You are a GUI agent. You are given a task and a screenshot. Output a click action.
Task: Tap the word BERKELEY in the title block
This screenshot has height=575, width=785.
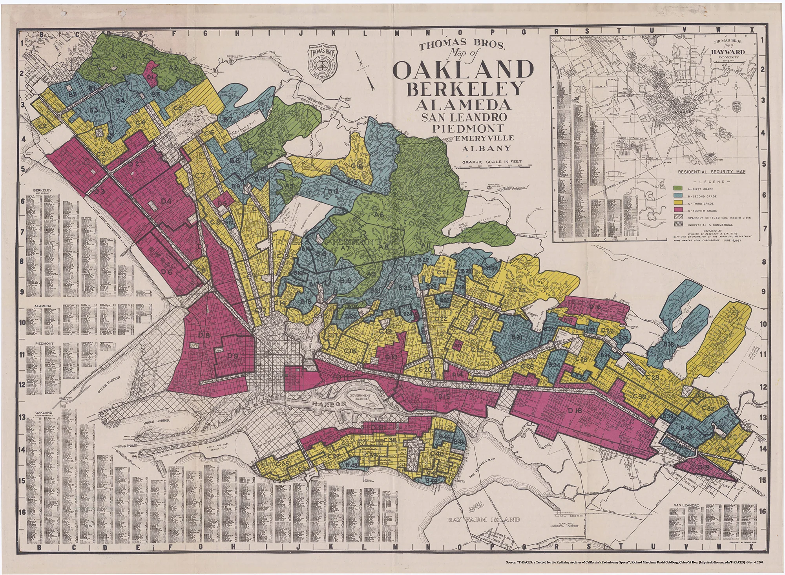coord(465,90)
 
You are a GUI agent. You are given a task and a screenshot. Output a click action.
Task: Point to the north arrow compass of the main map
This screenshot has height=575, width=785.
coord(365,71)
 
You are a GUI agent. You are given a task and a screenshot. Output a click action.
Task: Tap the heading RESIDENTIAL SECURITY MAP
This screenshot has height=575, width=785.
coord(712,172)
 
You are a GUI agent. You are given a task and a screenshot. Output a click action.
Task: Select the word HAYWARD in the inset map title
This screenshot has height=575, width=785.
coord(729,52)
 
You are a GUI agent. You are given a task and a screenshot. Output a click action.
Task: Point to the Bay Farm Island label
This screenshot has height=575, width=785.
coord(484,520)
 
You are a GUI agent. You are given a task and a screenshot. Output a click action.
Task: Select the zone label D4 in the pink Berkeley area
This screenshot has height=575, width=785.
coord(166,201)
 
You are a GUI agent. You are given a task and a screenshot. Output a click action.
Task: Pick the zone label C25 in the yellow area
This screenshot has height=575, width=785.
coord(519,290)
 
